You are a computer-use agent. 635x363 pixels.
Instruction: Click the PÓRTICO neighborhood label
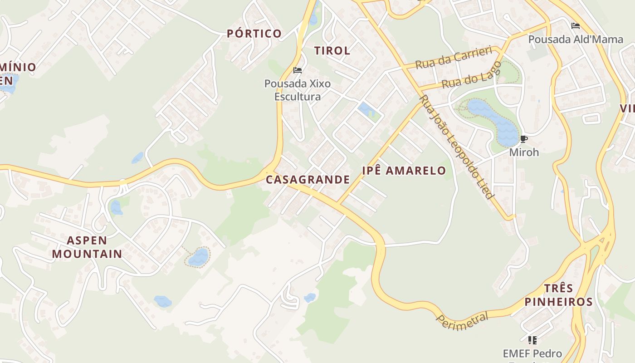[x=254, y=34]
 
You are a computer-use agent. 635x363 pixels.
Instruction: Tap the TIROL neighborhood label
[x=332, y=51]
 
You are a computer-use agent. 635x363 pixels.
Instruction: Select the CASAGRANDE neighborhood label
[x=308, y=180]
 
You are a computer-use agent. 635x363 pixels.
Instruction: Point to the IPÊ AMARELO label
[x=404, y=171]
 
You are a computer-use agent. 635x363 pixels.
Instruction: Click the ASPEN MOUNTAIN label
[x=87, y=247]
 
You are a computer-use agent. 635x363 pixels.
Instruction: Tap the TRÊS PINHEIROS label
[x=558, y=295]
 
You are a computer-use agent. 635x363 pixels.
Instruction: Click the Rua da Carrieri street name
[x=454, y=58]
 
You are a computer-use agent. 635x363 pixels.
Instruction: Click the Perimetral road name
[x=463, y=320]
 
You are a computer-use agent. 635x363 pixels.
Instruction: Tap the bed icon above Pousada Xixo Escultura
[x=298, y=70]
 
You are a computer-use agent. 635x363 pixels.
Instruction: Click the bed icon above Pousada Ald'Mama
[x=576, y=26]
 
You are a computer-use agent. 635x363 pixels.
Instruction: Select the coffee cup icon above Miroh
[x=524, y=139]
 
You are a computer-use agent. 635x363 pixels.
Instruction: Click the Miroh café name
[x=524, y=152]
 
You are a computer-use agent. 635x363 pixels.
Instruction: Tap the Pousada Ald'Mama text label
[x=576, y=39]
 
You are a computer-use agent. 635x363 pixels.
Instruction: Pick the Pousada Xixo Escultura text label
[x=298, y=90]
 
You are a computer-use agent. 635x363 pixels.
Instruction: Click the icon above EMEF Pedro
[x=532, y=340]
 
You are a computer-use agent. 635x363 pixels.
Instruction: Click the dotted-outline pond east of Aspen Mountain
[x=198, y=257]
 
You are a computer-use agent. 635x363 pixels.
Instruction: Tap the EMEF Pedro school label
[x=532, y=353]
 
